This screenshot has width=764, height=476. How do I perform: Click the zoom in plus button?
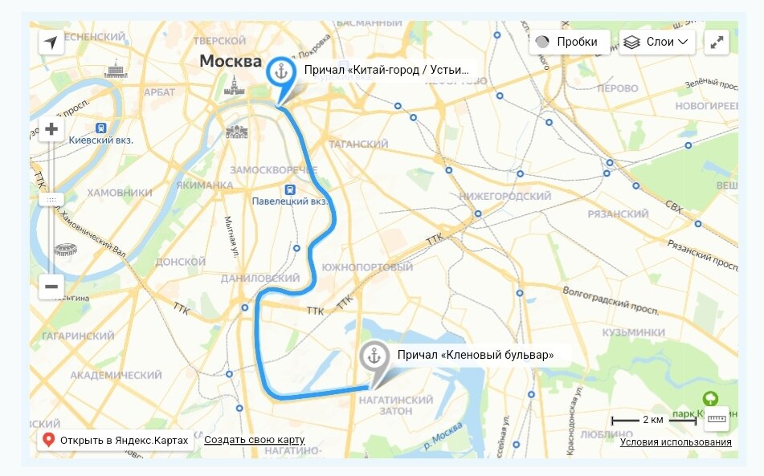(51, 129)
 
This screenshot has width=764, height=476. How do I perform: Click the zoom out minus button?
(51, 287)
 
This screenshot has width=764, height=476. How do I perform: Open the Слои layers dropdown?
(656, 42)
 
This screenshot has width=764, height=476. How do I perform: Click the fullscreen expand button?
(717, 43)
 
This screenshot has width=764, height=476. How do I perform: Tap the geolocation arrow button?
(51, 43)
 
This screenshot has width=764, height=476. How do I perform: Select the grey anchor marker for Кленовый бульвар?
(374, 356)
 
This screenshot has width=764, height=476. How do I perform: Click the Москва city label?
(231, 61)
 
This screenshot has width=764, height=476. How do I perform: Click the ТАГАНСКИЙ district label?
(358, 144)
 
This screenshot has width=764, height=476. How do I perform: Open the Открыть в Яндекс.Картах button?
(115, 440)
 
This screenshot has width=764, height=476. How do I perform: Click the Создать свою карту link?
(254, 440)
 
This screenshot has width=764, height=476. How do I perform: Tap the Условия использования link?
(675, 442)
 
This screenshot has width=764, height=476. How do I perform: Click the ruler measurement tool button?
(716, 418)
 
